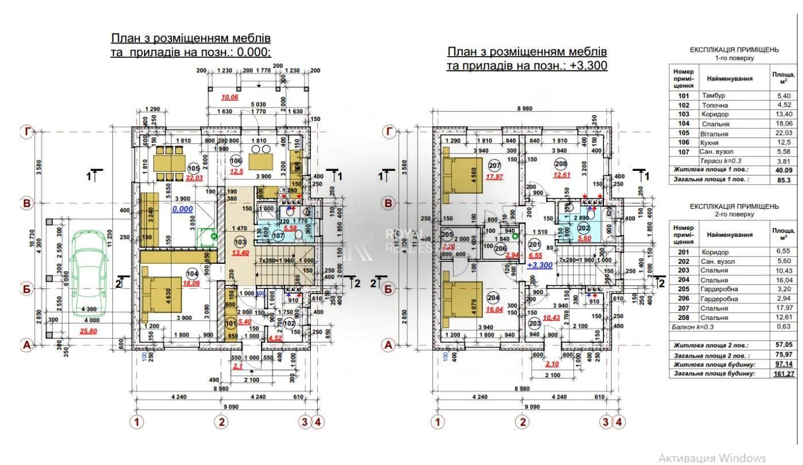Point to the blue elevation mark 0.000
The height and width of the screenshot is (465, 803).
[182, 209]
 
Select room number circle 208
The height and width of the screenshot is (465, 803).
[560, 164]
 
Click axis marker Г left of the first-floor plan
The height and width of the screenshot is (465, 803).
[26, 132]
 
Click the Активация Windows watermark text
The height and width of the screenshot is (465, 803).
[712, 458]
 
